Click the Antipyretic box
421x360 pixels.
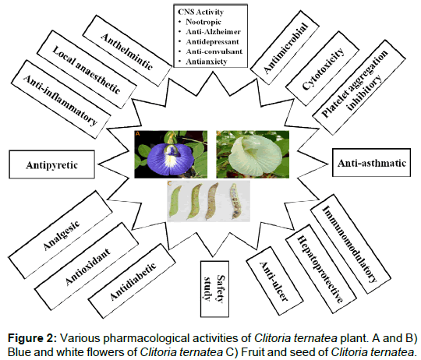tap(51, 164)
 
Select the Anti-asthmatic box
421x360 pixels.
tap(371, 163)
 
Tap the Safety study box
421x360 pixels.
tap(214, 288)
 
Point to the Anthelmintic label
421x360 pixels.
tap(127, 51)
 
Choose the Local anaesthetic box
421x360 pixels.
tap(87, 69)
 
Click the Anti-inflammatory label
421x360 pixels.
tap(61, 99)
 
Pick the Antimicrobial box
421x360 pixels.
tap(285, 48)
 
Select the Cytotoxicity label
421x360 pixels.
tap(322, 69)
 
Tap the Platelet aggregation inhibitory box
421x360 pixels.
tap(359, 87)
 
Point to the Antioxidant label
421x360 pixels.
tap(87, 266)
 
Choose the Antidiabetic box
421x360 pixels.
tap(132, 281)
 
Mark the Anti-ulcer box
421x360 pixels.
tap(274, 281)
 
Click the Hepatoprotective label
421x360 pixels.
tap(321, 269)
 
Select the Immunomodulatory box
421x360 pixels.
tap(350, 244)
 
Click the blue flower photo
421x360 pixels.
tap(171, 154)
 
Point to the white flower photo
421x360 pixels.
tap(253, 154)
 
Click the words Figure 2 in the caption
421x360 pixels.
tap(32, 338)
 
